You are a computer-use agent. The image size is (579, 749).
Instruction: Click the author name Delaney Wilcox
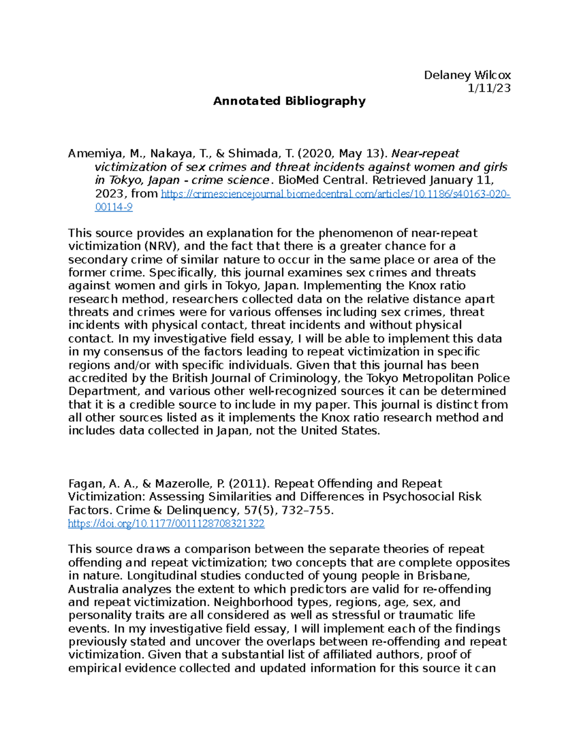pyautogui.click(x=467, y=75)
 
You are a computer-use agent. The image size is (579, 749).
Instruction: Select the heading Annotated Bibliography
pyautogui.click(x=289, y=101)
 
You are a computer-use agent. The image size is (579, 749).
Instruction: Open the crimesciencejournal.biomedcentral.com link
pyautogui.click(x=335, y=194)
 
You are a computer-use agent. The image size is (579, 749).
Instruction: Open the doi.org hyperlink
pyautogui.click(x=166, y=524)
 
